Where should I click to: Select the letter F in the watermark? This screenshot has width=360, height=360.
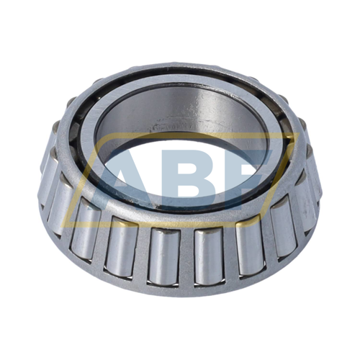pos(248,176)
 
